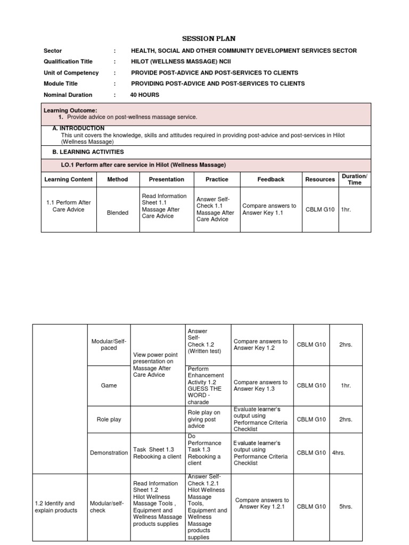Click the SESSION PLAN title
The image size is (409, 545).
click(208, 39)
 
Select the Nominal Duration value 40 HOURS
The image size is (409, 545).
click(144, 95)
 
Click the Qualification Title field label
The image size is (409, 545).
click(68, 62)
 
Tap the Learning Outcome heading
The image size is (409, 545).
click(70, 110)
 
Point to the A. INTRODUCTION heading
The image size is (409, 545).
click(78, 129)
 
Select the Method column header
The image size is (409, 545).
click(118, 179)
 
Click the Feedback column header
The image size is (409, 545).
click(271, 179)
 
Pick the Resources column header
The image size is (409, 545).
click(320, 179)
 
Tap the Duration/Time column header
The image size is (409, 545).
click(354, 179)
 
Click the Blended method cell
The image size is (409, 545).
click(118, 213)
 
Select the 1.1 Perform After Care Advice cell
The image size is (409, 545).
click(69, 206)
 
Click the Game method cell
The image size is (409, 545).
click(109, 385)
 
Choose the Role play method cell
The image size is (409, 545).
click(109, 419)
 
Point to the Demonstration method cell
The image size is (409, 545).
click(109, 453)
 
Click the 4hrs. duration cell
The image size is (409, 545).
click(339, 453)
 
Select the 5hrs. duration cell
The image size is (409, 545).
click(346, 507)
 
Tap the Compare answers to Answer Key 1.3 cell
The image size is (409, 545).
click(260, 385)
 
